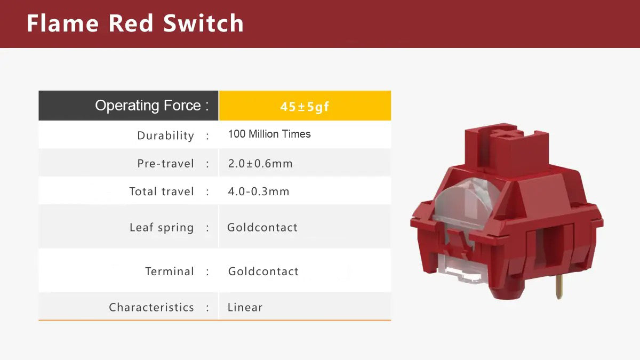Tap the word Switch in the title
click(203, 24)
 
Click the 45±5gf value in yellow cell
click(305, 107)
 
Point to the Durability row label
click(165, 135)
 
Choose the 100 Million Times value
click(269, 134)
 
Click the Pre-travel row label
click(165, 164)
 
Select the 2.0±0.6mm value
click(260, 164)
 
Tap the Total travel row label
click(162, 191)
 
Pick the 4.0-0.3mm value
click(259, 191)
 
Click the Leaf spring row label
click(162, 228)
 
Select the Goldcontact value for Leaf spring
click(262, 228)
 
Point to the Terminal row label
click(169, 271)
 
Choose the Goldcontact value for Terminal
click(263, 271)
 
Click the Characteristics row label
click(151, 307)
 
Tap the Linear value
click(245, 307)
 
